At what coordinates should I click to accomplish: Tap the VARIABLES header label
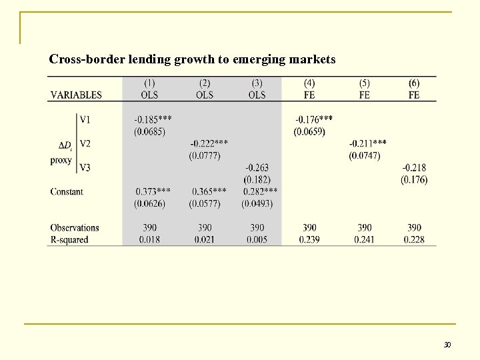pos(76,95)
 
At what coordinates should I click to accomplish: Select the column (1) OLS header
pos(149,89)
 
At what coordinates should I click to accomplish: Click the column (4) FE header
pos(309,89)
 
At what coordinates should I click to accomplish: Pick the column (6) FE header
pos(414,89)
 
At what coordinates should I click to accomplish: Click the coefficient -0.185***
pos(152,119)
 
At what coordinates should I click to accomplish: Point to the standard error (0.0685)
pos(150,131)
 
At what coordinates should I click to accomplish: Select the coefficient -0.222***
pos(209,144)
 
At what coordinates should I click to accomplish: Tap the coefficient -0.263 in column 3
pos(257,168)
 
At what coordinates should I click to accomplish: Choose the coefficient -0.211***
pos(368,144)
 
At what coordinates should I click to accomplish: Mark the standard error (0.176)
pos(414,179)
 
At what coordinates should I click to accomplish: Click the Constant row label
pos(67,192)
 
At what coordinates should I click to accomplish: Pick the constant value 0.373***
pos(153,191)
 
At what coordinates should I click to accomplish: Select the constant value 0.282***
pos(260,191)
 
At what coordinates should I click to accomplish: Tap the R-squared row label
pos(69,239)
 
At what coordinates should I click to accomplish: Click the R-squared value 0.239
pos(310,239)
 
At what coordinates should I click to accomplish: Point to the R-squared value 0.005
pos(257,239)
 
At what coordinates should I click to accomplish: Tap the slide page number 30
pos(447,345)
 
